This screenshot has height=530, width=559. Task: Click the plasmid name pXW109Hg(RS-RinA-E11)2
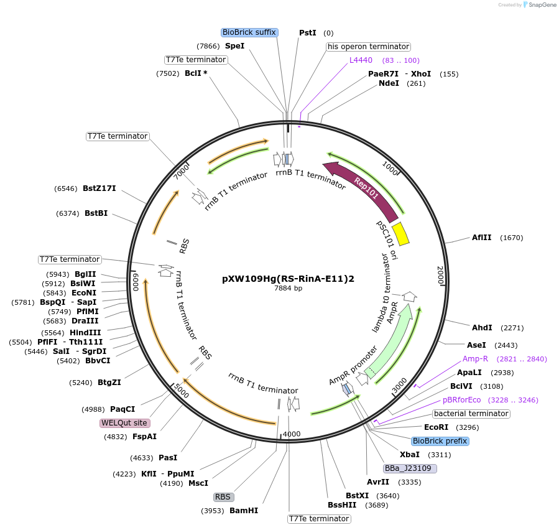pyautogui.click(x=288, y=279)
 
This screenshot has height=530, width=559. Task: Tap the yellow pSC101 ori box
pyautogui.click(x=400, y=233)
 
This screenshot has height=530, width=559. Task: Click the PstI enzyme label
pyautogui.click(x=308, y=32)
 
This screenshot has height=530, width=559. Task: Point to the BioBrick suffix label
pyautogui.click(x=249, y=32)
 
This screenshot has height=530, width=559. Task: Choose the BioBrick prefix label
pyautogui.click(x=440, y=441)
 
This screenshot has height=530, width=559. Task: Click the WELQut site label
pyautogui.click(x=125, y=423)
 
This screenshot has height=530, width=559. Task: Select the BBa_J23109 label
pyautogui.click(x=410, y=468)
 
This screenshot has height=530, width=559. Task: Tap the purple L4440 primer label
pyautogui.click(x=361, y=60)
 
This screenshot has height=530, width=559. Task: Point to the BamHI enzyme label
pyautogui.click(x=244, y=511)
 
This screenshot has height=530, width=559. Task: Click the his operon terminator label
pyautogui.click(x=368, y=47)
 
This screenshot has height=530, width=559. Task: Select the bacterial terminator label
pyautogui.click(x=471, y=414)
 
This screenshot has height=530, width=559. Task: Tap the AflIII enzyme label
pyautogui.click(x=481, y=238)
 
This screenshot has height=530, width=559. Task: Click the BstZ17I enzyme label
pyautogui.click(x=99, y=188)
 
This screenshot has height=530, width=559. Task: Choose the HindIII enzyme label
pyautogui.click(x=85, y=333)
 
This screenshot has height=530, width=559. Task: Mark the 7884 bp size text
pyautogui.click(x=288, y=288)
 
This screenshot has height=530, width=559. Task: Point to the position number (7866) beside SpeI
pyautogui.click(x=208, y=46)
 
